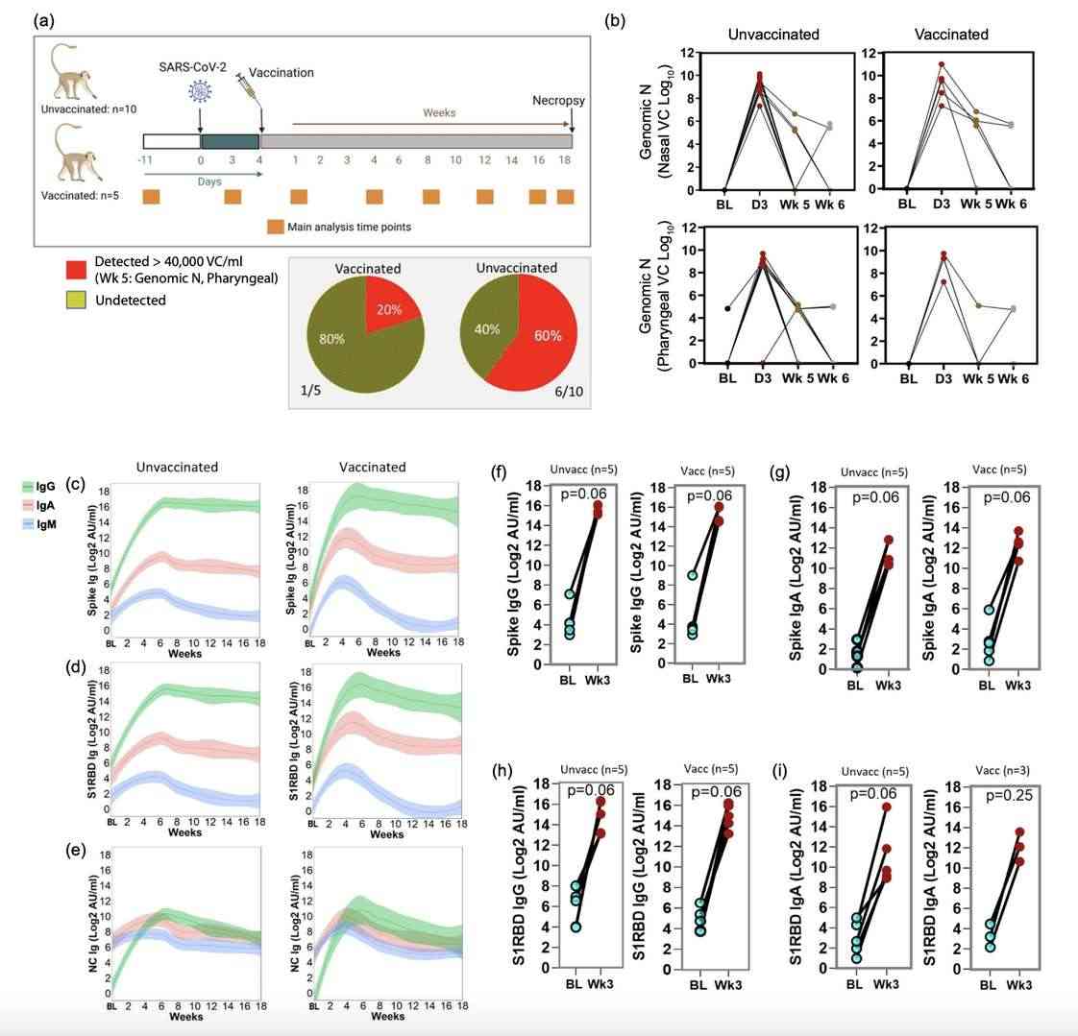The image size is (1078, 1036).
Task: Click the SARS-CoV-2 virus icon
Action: [x=200, y=92]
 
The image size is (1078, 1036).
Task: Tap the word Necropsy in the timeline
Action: [x=558, y=101]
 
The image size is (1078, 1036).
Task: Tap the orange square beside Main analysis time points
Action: [x=276, y=227]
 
